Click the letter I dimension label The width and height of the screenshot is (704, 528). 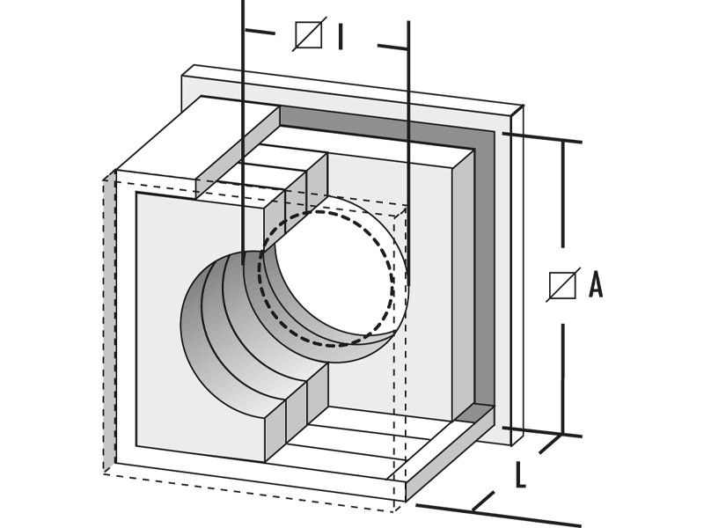pyautogui.click(x=340, y=36)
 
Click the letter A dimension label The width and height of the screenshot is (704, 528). pyautogui.click(x=596, y=285)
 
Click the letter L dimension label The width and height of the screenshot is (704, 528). pyautogui.click(x=520, y=476)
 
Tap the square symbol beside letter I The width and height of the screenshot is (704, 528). pyautogui.click(x=308, y=35)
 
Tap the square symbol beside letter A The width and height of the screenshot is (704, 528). pyautogui.click(x=562, y=285)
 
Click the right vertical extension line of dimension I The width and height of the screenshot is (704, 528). pyautogui.click(x=408, y=132)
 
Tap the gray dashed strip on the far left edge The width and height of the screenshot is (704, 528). pyautogui.click(x=109, y=326)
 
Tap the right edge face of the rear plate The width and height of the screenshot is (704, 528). pyautogui.click(x=517, y=273)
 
